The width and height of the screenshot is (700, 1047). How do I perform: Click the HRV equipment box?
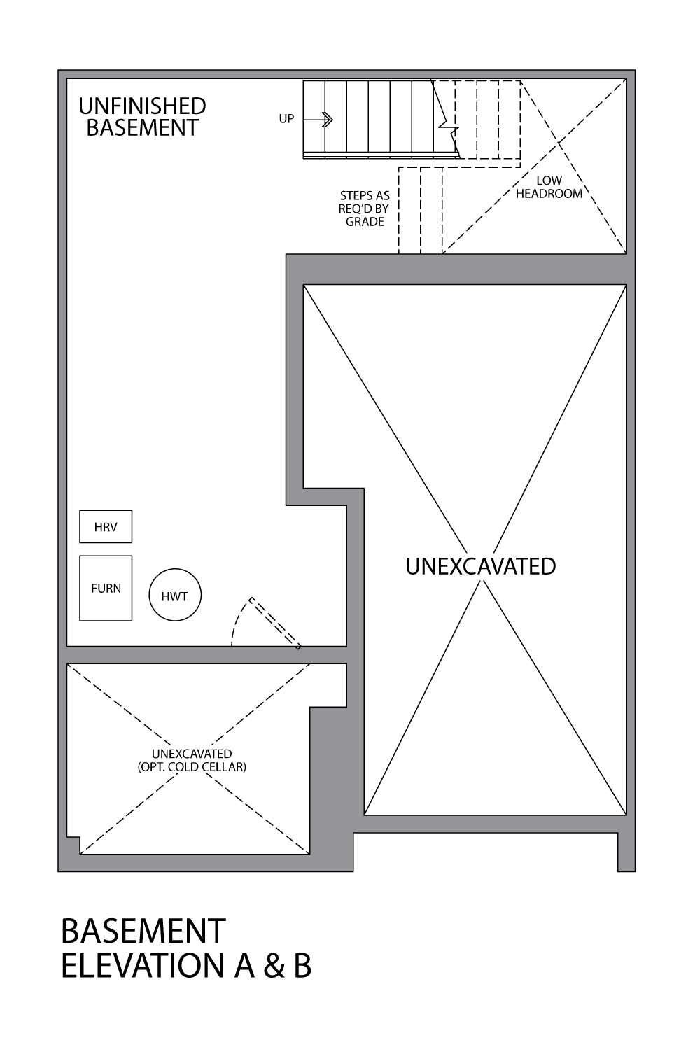(106, 527)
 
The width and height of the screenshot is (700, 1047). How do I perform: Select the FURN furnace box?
(106, 589)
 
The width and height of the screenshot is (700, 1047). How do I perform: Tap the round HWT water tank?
(175, 596)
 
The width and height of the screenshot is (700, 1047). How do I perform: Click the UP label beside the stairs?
(286, 119)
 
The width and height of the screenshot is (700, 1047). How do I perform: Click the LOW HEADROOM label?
(549, 188)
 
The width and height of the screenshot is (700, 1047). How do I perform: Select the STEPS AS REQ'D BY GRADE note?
(365, 209)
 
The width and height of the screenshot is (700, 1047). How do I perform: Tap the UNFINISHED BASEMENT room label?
(142, 117)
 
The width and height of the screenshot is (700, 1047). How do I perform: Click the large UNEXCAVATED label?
(481, 566)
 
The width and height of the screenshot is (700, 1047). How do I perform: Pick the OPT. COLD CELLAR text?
(192, 767)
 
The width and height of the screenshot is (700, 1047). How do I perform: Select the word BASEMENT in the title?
(143, 932)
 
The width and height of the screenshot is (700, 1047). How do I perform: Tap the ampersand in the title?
(274, 966)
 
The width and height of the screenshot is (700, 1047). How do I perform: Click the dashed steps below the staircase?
(421, 210)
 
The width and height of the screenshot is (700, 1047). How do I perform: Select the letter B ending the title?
(302, 966)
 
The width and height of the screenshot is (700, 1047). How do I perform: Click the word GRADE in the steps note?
(365, 222)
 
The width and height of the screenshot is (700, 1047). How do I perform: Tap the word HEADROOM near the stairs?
(549, 194)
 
